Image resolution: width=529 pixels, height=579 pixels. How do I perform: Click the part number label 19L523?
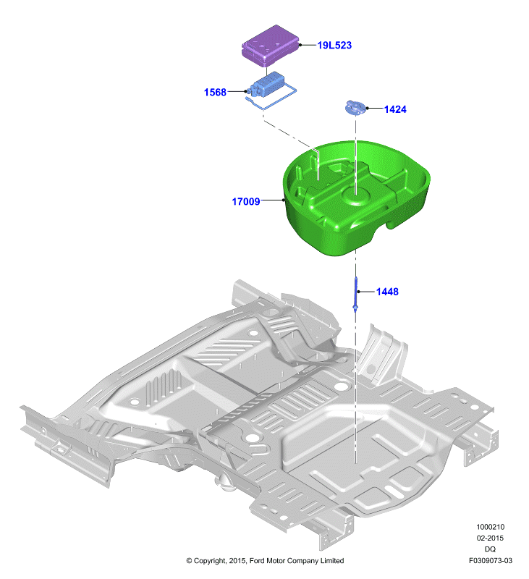click(x=334, y=45)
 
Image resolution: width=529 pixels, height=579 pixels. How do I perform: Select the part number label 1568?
click(x=215, y=92)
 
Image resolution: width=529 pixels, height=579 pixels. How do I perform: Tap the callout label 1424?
click(x=395, y=109)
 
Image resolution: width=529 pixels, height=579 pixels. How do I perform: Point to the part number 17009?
click(x=246, y=201)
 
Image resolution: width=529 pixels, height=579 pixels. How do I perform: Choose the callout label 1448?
click(x=387, y=292)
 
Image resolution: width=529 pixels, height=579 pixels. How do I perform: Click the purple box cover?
click(x=270, y=46)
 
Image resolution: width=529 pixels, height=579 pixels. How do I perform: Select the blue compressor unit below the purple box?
click(x=267, y=85)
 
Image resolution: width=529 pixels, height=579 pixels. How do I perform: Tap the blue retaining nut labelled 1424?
click(x=355, y=107)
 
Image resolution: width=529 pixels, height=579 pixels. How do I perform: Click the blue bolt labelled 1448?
click(x=356, y=295)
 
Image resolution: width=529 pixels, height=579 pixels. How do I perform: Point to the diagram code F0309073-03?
click(x=490, y=560)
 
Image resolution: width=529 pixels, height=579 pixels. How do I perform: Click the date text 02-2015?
click(x=490, y=538)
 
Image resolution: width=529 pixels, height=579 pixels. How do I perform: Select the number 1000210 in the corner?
click(x=490, y=527)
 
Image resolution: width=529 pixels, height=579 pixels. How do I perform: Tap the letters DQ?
click(x=490, y=549)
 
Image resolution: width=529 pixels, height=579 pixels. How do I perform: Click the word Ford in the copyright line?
click(x=257, y=560)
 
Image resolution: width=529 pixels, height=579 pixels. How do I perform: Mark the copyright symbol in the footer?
click(x=189, y=561)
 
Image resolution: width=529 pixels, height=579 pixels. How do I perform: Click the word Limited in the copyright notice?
click(x=332, y=560)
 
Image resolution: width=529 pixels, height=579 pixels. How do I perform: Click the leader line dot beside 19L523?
click(x=300, y=45)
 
